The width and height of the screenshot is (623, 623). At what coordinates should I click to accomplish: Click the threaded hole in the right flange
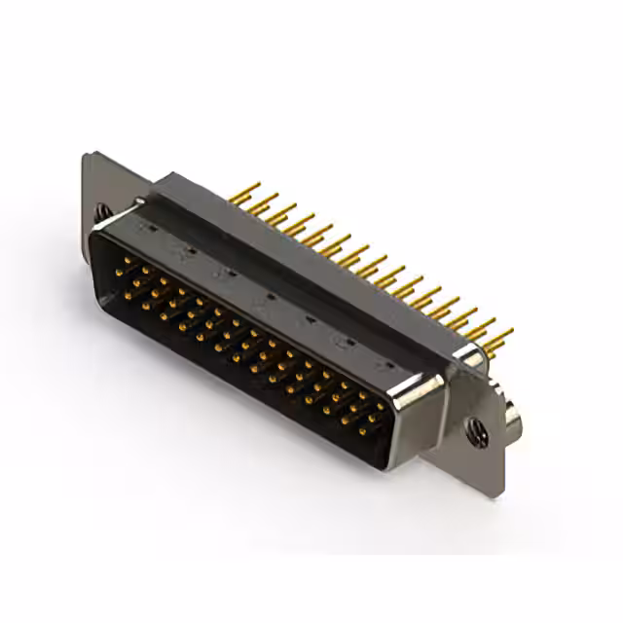pyautogui.click(x=477, y=429)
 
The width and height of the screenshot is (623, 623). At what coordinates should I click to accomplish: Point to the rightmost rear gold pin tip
pyautogui.click(x=509, y=333)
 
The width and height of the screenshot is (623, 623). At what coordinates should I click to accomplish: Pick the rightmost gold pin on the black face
pyautogui.click(x=381, y=407)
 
